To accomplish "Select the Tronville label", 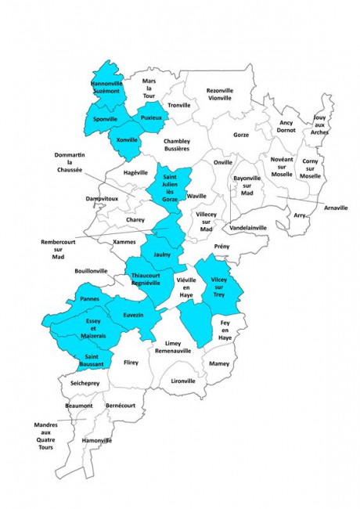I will tap(179, 105).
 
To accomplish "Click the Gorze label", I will tap(240, 135).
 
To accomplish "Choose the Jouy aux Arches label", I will tap(319, 125).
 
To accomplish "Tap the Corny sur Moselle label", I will tap(311, 168).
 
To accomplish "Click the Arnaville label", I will tap(335, 207).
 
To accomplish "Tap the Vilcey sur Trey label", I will tap(217, 287).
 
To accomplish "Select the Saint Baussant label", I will tap(93, 362).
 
